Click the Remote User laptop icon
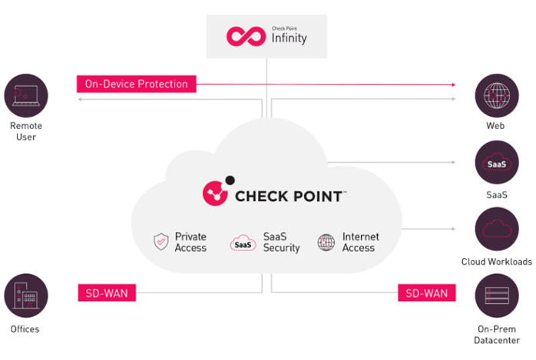(26, 95)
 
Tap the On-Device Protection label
(137, 84)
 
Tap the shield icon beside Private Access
(160, 243)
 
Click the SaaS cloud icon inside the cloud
(243, 243)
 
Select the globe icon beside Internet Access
(326, 243)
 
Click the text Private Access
(190, 243)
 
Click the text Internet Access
(360, 243)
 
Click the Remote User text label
(26, 131)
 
